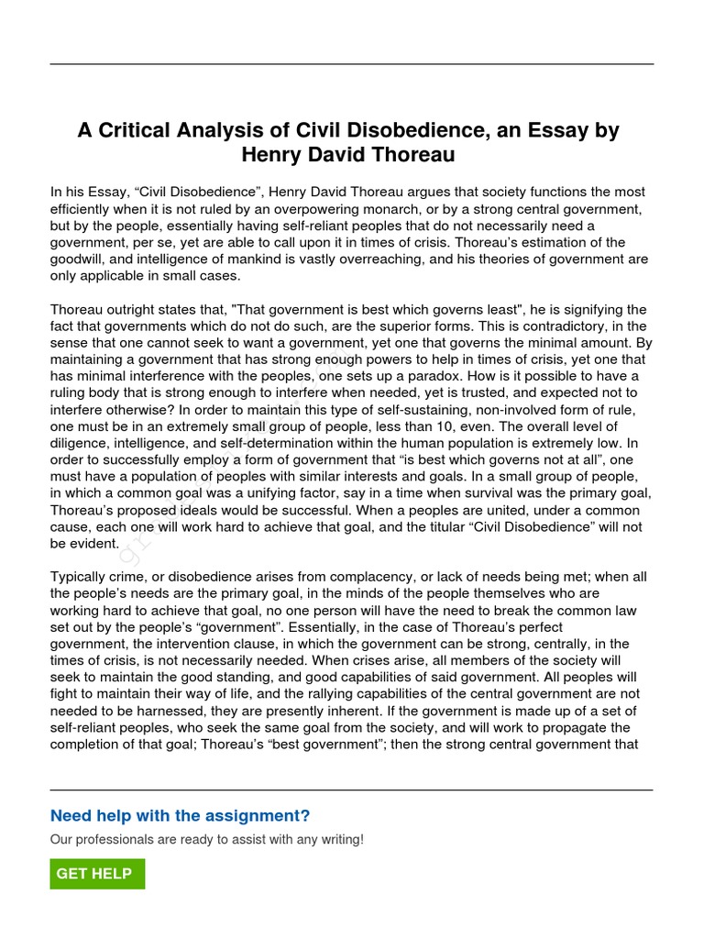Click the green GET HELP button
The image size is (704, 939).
pyautogui.click(x=97, y=874)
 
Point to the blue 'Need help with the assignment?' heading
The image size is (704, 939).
pyautogui.click(x=180, y=816)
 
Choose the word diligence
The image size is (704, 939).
pyautogui.click(x=79, y=443)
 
